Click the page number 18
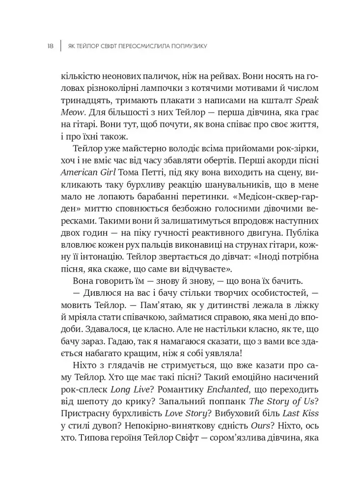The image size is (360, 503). point(50,46)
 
